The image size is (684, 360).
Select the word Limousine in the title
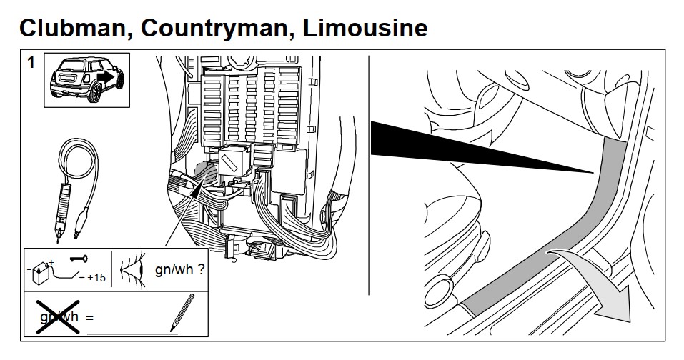365,28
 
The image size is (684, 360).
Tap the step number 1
31,62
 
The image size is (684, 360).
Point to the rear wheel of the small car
94,93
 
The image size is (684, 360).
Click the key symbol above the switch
79,259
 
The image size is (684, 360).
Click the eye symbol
132,269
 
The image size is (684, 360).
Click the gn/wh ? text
179,269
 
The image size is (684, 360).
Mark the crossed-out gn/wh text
59,316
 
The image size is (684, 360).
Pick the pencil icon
182,312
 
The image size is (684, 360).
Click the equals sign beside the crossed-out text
90,318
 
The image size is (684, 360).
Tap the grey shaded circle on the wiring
204,174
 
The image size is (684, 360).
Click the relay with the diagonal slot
234,161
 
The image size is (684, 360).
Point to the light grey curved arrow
602,279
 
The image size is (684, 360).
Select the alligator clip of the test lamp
79,221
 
